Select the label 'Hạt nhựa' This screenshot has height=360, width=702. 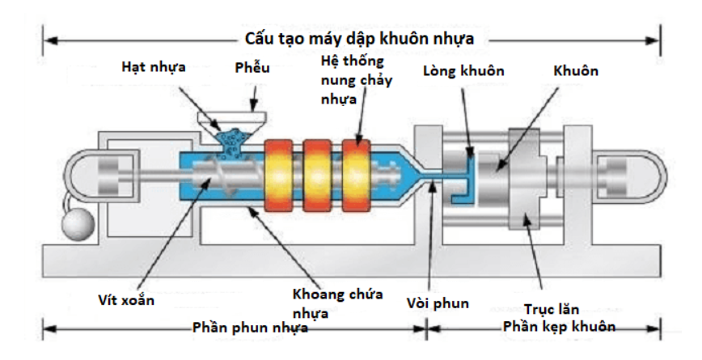tap(153, 66)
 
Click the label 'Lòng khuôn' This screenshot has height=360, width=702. tap(463, 71)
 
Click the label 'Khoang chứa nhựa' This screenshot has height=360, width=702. tap(337, 300)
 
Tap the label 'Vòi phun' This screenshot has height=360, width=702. tap(438, 304)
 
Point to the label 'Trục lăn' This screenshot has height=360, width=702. tap(551, 309)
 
